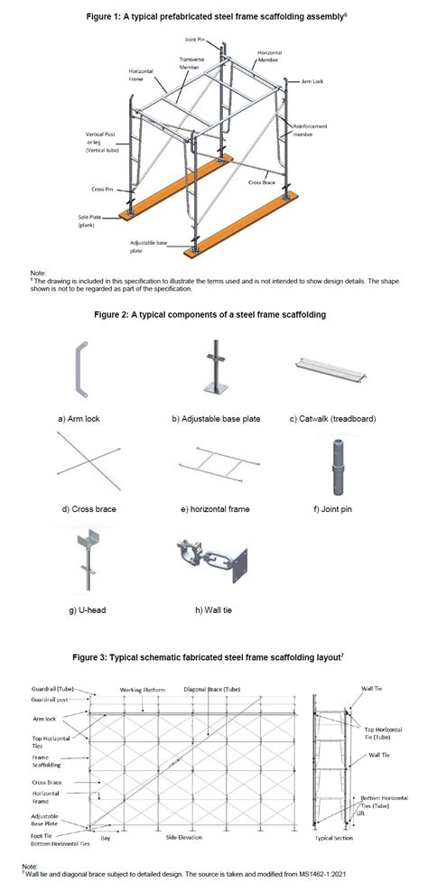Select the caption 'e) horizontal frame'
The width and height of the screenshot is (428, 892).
coord(214,509)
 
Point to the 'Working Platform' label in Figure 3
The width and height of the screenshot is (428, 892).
coord(168,691)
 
